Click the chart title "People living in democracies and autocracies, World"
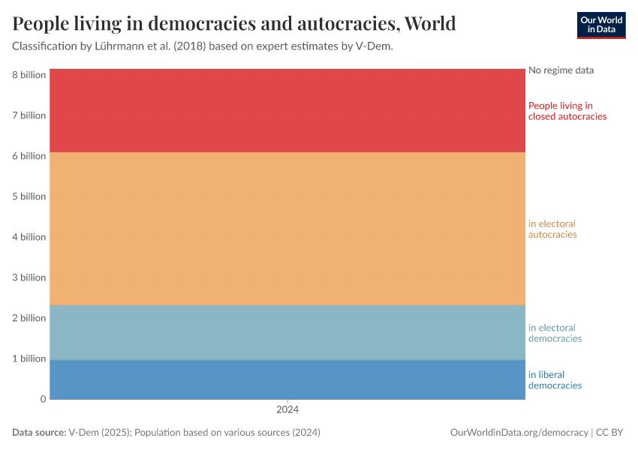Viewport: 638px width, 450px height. (234, 24)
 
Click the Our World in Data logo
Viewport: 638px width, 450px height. (600, 25)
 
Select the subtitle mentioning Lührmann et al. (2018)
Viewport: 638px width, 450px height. (203, 46)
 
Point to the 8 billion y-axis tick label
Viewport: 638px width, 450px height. (29, 75)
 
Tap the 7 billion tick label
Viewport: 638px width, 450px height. (29, 115)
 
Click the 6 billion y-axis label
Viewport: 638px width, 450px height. (29, 156)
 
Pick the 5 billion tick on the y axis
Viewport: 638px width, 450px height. (29, 196)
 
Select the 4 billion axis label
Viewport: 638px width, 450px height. (29, 237)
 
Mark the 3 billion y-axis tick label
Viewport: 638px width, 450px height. (29, 277)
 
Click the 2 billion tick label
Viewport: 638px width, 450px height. (29, 318)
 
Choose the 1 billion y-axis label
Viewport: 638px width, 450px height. (29, 358)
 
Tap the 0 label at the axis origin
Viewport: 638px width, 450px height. (43, 399)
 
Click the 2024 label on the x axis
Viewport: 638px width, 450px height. (287, 410)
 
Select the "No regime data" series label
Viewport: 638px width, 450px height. (561, 70)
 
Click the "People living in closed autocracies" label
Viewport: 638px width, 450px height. (567, 111)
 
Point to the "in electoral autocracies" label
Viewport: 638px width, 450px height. (552, 229)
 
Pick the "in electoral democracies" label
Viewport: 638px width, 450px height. (555, 333)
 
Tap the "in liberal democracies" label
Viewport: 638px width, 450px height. (555, 380)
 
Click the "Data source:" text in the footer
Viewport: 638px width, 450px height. (39, 433)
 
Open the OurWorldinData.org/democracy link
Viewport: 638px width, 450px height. (519, 433)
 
